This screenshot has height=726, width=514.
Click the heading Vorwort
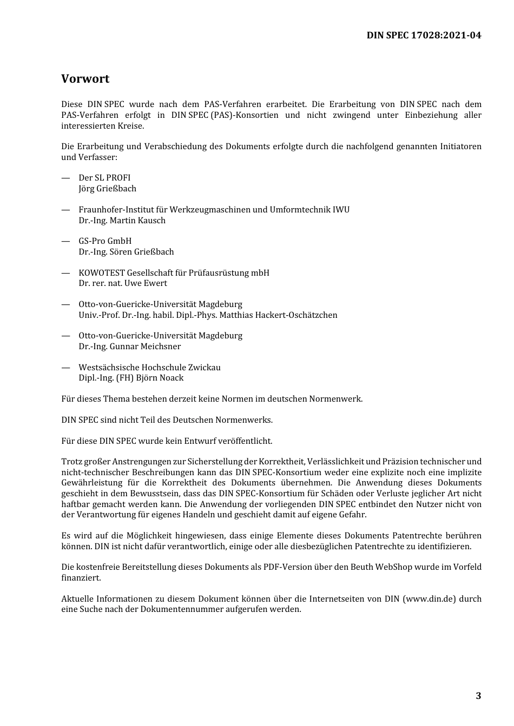pyautogui.click(x=85, y=79)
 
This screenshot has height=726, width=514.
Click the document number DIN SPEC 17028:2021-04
pyautogui.click(x=424, y=36)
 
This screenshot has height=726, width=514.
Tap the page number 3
pyautogui.click(x=478, y=696)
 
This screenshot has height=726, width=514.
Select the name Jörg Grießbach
pyautogui.click(x=107, y=189)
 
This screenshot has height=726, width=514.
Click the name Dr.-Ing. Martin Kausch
pyautogui.click(x=122, y=221)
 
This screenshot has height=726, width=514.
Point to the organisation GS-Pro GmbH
pyautogui.click(x=105, y=241)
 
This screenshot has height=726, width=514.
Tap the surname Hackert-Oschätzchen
pyautogui.click(x=296, y=315)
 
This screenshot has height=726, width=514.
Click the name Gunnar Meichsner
pyautogui.click(x=145, y=347)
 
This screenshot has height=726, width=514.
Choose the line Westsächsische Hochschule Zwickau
pyautogui.click(x=149, y=368)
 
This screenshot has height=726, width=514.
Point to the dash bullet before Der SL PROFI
pyautogui.click(x=65, y=178)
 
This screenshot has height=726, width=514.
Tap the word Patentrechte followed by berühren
pyautogui.click(x=418, y=536)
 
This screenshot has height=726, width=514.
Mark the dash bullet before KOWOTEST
pyautogui.click(x=65, y=273)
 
